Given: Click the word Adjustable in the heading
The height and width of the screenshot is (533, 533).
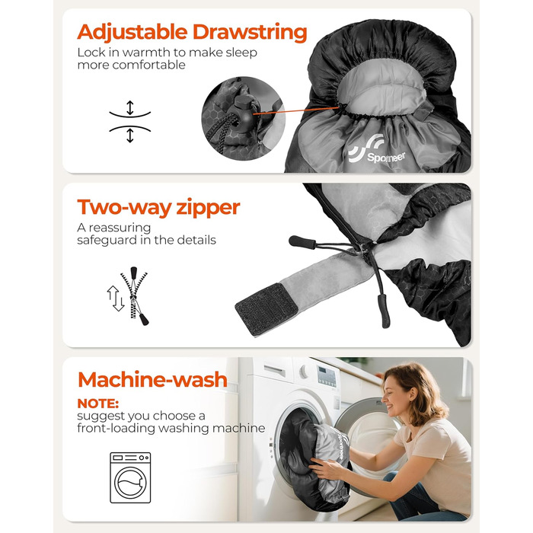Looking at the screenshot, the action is (132, 32).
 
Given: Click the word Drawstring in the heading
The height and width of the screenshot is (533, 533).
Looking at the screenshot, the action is (250, 33).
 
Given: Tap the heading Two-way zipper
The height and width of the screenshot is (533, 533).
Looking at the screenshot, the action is (158, 207).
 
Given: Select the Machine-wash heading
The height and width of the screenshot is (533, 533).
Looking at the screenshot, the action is (152, 379).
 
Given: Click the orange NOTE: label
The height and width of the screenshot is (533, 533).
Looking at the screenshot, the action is (98, 404).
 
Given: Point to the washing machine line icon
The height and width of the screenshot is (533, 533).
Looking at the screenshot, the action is (130, 477).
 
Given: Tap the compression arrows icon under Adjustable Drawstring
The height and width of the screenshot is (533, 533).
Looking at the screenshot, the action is (130, 121).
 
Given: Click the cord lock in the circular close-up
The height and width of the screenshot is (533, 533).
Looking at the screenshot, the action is (243, 112).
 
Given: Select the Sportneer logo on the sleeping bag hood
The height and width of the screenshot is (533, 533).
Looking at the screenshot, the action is (377, 150).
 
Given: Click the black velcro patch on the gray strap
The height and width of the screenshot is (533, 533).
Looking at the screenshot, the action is (266, 308).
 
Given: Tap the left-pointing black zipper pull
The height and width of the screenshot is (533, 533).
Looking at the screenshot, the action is (302, 242).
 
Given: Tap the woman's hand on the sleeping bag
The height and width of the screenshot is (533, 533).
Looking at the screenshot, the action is (324, 468).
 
